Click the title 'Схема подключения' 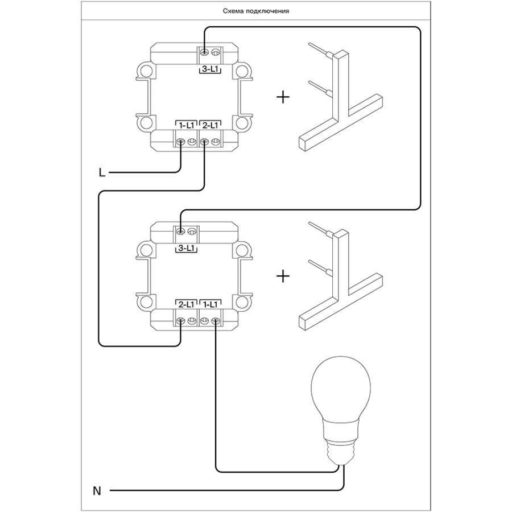pos(256,11)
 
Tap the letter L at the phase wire pos(102,172)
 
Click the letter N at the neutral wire pos(97,490)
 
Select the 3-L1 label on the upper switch pos(209,69)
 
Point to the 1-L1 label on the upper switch pos(185,124)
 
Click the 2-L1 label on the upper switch pos(209,124)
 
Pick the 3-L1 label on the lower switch pos(185,248)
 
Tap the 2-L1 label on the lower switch pos(185,304)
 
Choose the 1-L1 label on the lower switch pos(209,304)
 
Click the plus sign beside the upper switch pos(282,97)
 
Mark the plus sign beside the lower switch pos(282,277)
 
